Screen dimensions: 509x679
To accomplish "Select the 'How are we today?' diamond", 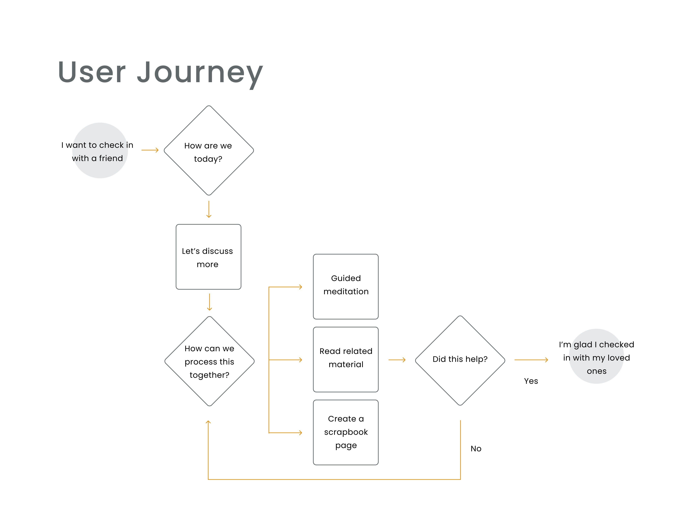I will [209, 150].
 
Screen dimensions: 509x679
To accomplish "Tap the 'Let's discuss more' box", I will [208, 257].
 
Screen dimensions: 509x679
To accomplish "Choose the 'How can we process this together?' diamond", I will [209, 361].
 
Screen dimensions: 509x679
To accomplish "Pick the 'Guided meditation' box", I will [346, 287].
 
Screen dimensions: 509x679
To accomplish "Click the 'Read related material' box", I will [346, 359].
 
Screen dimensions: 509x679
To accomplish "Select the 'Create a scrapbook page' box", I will [346, 432].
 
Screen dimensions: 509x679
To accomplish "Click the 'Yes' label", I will [531, 381].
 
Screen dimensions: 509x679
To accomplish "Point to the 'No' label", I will [476, 449].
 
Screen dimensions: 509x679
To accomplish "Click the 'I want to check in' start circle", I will [100, 150].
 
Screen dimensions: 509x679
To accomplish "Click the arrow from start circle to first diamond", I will [150, 150].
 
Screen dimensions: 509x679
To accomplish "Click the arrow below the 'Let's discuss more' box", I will [209, 302].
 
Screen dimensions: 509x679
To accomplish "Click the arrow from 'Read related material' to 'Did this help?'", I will [397, 360].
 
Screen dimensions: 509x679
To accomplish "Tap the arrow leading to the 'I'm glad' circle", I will [531, 360].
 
